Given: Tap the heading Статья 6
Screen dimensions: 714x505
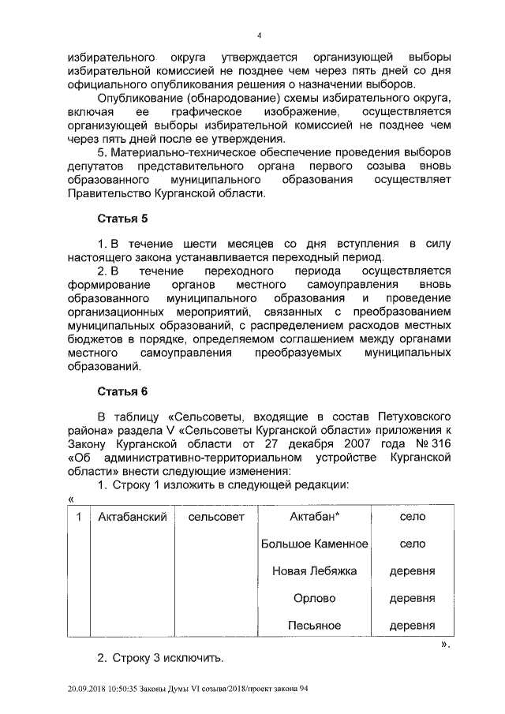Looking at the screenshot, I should click(122, 391).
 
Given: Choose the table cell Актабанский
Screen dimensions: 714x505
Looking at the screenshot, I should click(131, 517).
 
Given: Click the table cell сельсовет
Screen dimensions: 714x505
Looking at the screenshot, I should click(217, 517).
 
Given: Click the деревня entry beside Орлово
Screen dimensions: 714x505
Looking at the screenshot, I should click(413, 598).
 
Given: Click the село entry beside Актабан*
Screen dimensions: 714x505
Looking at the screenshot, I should click(413, 517).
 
